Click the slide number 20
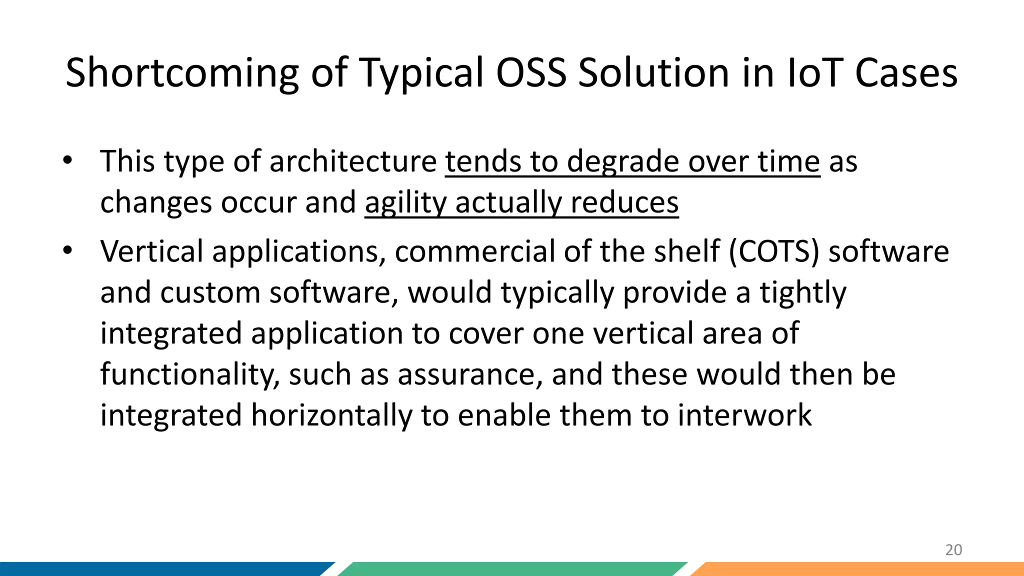[953, 550]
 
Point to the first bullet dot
[67, 161]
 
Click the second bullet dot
[67, 250]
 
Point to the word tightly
[803, 293]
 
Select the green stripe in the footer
[510, 569]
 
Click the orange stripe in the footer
[860, 569]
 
